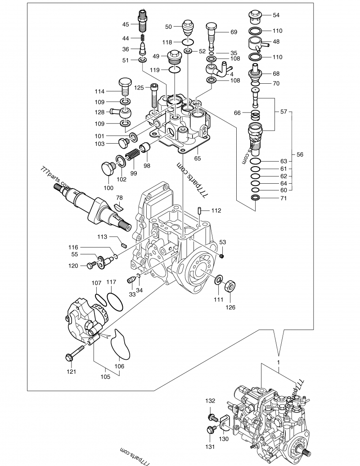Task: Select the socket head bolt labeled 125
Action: (x=154, y=99)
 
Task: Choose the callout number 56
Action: (x=300, y=154)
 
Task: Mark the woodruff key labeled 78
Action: (x=118, y=207)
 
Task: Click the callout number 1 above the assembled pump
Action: (x=279, y=362)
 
